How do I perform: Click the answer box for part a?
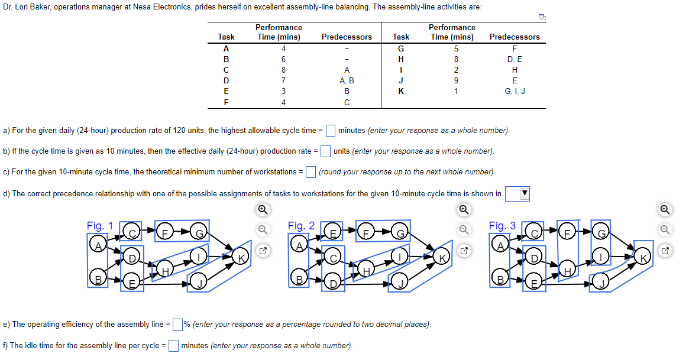(331, 130)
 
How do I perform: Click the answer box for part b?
(325, 151)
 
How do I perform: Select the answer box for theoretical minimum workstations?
(310, 172)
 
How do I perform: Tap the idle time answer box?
(174, 345)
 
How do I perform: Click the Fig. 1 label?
(100, 226)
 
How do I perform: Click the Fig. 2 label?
(301, 226)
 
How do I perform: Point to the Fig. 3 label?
(502, 226)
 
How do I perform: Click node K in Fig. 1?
(241, 257)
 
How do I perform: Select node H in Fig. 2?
(367, 270)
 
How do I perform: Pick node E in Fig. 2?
(333, 232)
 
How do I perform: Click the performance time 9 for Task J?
(451, 80)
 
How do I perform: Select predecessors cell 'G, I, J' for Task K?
(515, 91)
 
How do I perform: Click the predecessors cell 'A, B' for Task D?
(347, 80)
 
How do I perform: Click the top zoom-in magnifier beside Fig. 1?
(263, 209)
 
